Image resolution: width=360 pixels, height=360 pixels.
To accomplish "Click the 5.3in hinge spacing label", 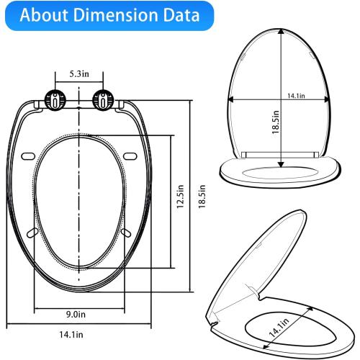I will click(x=79, y=73).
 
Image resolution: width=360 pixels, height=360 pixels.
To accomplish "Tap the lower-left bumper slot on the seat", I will click(x=32, y=233).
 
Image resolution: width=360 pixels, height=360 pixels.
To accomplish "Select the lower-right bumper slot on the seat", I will click(x=127, y=233).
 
